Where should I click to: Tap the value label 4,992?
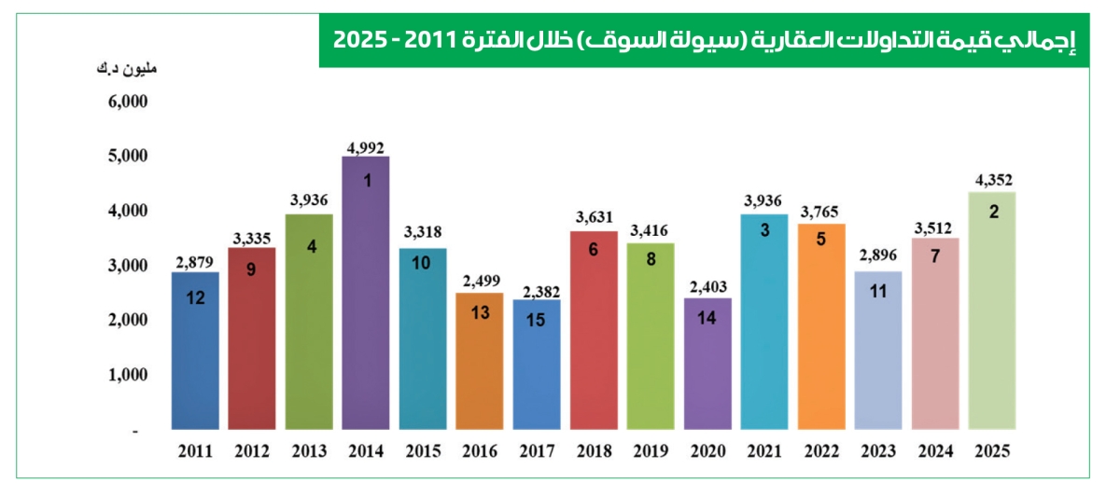[x=365, y=146]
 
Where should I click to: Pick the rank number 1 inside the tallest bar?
[x=367, y=181]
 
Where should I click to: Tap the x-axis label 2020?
[x=707, y=451]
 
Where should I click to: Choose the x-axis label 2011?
[x=195, y=451]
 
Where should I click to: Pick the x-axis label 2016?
[x=480, y=451]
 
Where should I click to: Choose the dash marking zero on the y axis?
[x=135, y=432]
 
